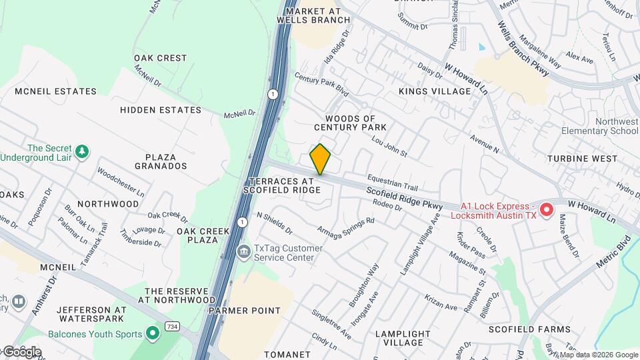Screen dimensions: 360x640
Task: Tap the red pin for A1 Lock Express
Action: (x=547, y=210)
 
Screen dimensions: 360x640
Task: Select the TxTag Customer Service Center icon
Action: (x=244, y=252)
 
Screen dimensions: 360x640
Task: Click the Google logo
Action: (x=21, y=351)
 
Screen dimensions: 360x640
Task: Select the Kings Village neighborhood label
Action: (x=435, y=91)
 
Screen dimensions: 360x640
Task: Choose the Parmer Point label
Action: (x=244, y=311)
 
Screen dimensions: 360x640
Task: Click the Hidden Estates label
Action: (x=161, y=110)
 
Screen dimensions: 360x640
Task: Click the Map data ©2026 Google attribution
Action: (x=599, y=355)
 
